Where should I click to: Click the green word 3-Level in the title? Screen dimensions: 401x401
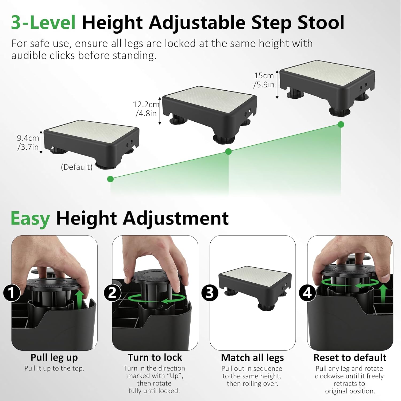pyautogui.click(x=43, y=22)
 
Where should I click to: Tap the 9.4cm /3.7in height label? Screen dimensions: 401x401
pyautogui.click(x=28, y=142)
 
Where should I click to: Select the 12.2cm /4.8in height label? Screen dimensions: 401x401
pyautogui.click(x=146, y=109)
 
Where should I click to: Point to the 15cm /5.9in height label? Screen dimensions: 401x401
pyautogui.click(x=264, y=80)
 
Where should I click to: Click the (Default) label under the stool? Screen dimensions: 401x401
pyautogui.click(x=77, y=167)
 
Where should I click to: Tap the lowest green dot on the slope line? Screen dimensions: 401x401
pyautogui.click(x=110, y=179)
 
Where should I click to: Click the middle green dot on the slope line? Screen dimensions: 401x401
pyautogui.click(x=228, y=152)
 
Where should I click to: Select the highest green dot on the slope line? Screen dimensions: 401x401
pyautogui.click(x=341, y=124)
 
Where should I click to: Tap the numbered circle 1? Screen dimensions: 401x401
pyautogui.click(x=12, y=293)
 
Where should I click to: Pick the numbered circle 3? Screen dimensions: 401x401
pyautogui.click(x=210, y=293)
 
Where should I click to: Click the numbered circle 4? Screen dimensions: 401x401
pyautogui.click(x=307, y=293)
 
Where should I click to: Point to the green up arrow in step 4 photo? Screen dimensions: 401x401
pyautogui.click(x=383, y=293)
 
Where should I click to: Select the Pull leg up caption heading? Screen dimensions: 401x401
pyautogui.click(x=54, y=357)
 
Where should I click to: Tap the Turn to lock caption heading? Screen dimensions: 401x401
pyautogui.click(x=155, y=357)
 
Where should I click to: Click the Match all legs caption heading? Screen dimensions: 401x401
pyautogui.click(x=252, y=358)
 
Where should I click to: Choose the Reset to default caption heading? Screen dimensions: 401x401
pyautogui.click(x=350, y=358)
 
